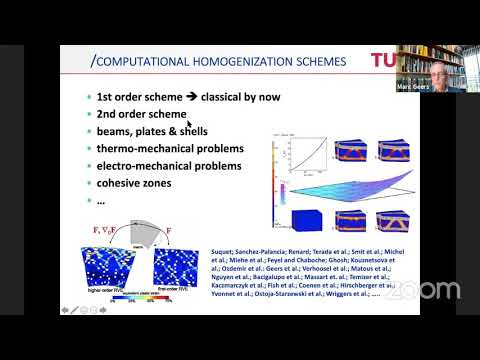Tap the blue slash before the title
93,62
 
